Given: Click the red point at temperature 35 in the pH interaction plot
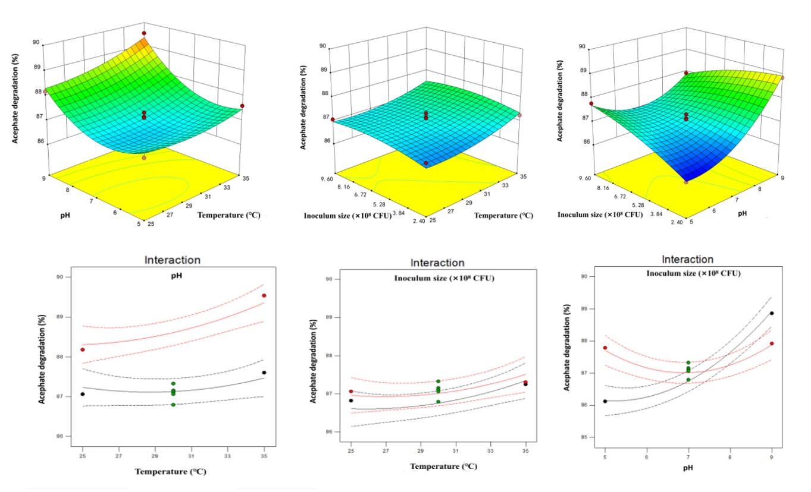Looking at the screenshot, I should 264,295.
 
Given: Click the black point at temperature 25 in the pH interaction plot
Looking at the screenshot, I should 83,394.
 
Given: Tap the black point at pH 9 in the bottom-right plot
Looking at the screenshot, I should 772,313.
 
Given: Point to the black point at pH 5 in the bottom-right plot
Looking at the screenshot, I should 605,401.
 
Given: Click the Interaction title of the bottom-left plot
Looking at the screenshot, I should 173,260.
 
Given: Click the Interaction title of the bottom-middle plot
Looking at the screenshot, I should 437,263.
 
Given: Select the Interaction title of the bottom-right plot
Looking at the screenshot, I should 688,260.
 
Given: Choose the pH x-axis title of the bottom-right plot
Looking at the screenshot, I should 688,468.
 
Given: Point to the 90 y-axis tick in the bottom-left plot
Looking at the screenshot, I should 60,277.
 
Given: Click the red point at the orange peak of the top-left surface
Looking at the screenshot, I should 144,33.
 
